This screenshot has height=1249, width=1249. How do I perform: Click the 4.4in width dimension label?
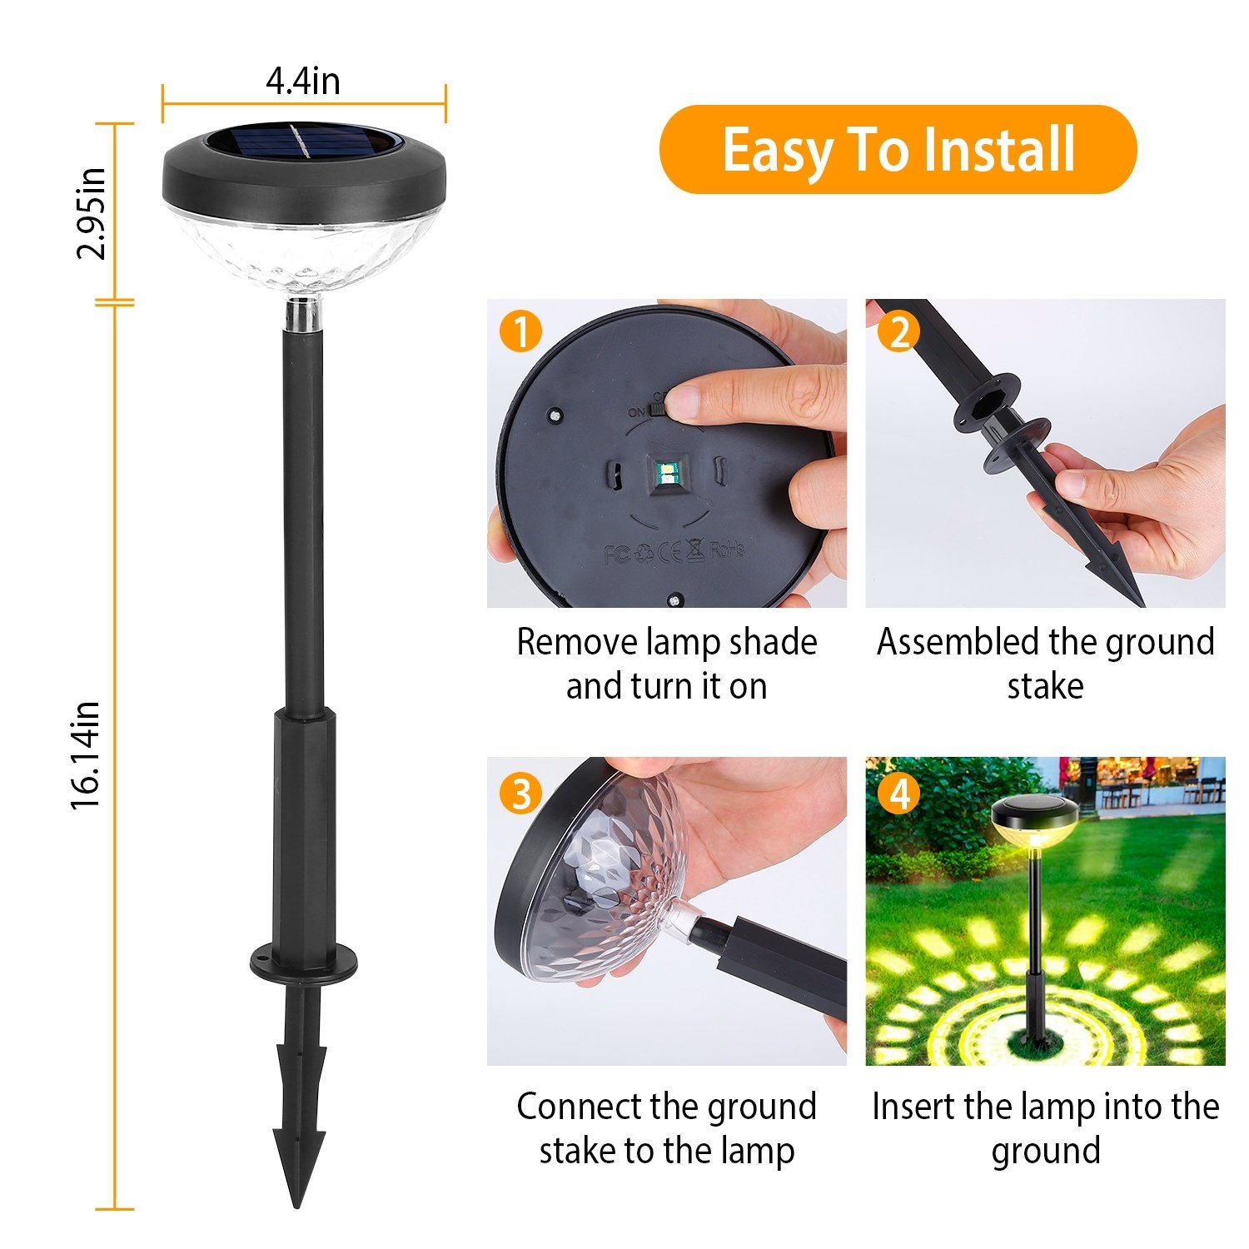tap(302, 81)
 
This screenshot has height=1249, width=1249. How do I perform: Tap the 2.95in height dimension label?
tap(91, 214)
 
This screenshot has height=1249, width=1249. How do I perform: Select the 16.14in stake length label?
tap(86, 755)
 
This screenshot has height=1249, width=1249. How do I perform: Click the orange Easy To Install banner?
tap(898, 150)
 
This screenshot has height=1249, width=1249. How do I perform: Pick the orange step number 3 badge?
tap(520, 794)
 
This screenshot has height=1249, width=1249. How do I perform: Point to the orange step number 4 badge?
tap(898, 794)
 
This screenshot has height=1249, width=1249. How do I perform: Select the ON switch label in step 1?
tap(636, 411)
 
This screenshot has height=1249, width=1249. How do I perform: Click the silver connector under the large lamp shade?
tap(304, 316)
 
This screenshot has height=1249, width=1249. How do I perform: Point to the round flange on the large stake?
tap(303, 961)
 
